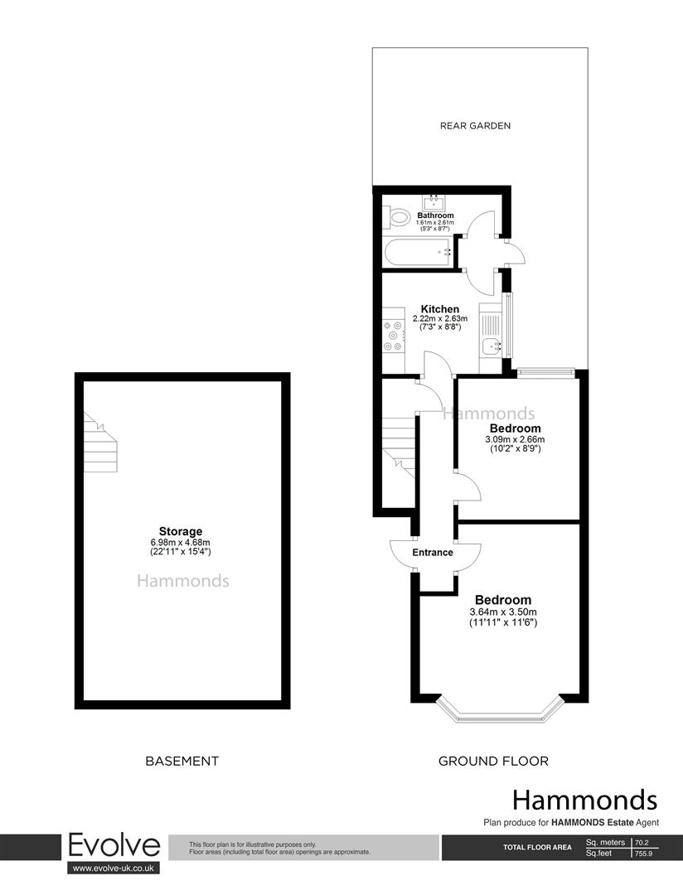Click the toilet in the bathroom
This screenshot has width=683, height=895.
coord(399,218)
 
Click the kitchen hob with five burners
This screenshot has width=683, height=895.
coord(392,336)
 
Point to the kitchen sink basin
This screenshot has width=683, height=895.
coord(493,346)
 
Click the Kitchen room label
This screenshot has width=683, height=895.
coord(440,309)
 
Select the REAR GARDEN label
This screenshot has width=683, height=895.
coord(475,126)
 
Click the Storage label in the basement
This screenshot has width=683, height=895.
coord(181,531)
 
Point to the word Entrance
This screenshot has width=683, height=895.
coord(432,552)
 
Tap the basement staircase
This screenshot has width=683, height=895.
coord(102,443)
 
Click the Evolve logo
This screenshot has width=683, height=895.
coord(114,845)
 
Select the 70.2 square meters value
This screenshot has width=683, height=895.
coord(642,843)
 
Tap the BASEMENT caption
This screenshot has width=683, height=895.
coord(182,761)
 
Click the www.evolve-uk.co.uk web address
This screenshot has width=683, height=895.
coord(114,868)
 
